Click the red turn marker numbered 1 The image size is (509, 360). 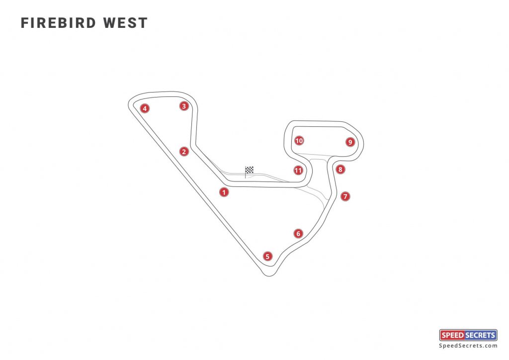coord(224,191)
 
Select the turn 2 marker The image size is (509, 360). coord(184,152)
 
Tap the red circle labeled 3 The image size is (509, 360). coord(184,105)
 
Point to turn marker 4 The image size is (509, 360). coord(145,108)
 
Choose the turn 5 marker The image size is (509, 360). coord(268,257)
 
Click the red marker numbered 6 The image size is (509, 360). coord(298,233)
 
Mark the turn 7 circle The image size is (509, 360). coord(346,196)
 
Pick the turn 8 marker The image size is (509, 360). coord(340,170)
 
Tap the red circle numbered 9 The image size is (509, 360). coord(350,142)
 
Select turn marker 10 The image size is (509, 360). coord(299,141)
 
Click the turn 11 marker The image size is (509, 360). coord(298,171)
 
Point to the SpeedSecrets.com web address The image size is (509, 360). coord(468,346)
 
